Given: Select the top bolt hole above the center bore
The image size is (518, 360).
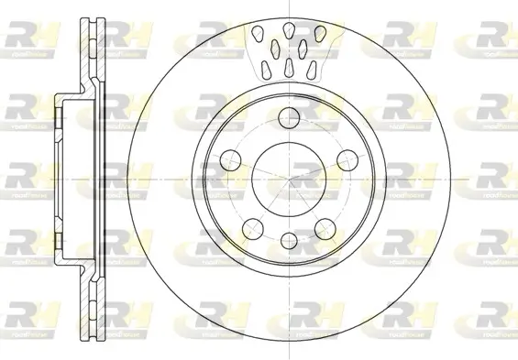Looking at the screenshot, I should click(x=288, y=116).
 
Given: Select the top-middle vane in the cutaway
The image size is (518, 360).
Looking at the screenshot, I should click(x=288, y=31).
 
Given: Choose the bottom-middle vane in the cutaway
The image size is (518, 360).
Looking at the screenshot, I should click(x=288, y=68).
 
